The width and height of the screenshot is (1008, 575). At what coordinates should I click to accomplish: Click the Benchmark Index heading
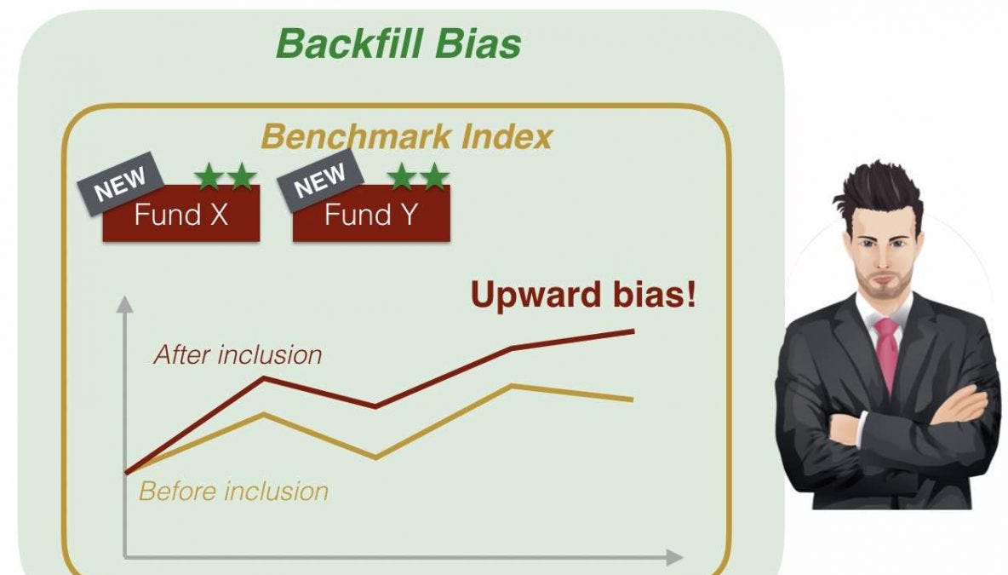[x=406, y=136]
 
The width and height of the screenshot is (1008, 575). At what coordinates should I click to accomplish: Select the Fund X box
[x=181, y=215]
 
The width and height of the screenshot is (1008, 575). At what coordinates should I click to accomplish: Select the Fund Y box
[x=372, y=215]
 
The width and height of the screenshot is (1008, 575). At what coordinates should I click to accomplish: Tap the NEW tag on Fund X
[x=120, y=181]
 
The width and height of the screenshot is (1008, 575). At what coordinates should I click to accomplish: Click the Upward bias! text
[x=583, y=295]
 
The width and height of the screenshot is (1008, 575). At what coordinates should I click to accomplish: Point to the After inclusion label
[x=238, y=354]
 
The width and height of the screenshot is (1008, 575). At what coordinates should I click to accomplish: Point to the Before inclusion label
[x=233, y=491]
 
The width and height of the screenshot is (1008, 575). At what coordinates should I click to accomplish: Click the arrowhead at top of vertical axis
[x=124, y=304]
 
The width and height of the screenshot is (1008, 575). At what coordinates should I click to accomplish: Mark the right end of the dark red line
[x=633, y=331]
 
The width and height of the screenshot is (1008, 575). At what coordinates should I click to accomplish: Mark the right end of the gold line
[x=632, y=399]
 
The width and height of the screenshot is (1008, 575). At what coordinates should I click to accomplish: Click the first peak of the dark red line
[x=265, y=377]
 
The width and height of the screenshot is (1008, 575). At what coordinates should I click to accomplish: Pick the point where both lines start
[x=127, y=471]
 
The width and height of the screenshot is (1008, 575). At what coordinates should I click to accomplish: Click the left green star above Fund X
[x=208, y=176]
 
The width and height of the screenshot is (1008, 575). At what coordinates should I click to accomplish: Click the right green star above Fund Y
[x=435, y=176]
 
